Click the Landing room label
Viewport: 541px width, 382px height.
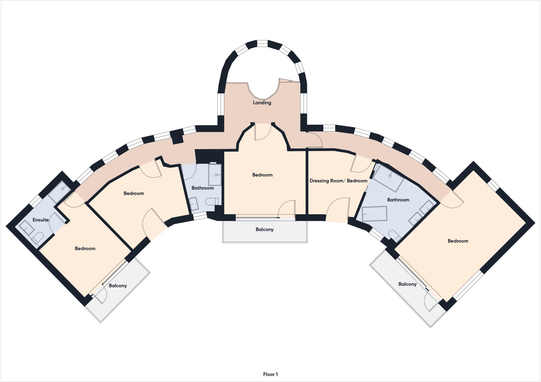pyautogui.click(x=262, y=103)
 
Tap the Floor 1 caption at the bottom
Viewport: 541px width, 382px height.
pyautogui.click(x=270, y=374)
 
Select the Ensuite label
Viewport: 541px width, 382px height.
pyautogui.click(x=41, y=220)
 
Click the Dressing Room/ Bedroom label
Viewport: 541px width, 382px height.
pyautogui.click(x=338, y=181)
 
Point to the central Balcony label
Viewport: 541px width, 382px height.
pyautogui.click(x=264, y=229)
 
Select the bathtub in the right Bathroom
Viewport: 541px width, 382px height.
pyautogui.click(x=374, y=214)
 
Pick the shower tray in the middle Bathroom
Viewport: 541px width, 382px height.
pyautogui.click(x=214, y=175)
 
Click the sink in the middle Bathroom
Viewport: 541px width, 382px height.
pyautogui.click(x=194, y=204)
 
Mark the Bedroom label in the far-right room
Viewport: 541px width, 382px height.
pyautogui.click(x=458, y=241)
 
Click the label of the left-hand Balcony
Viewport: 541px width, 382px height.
pyautogui.click(x=118, y=286)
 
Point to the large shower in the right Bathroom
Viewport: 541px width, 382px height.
pyautogui.click(x=388, y=178)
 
